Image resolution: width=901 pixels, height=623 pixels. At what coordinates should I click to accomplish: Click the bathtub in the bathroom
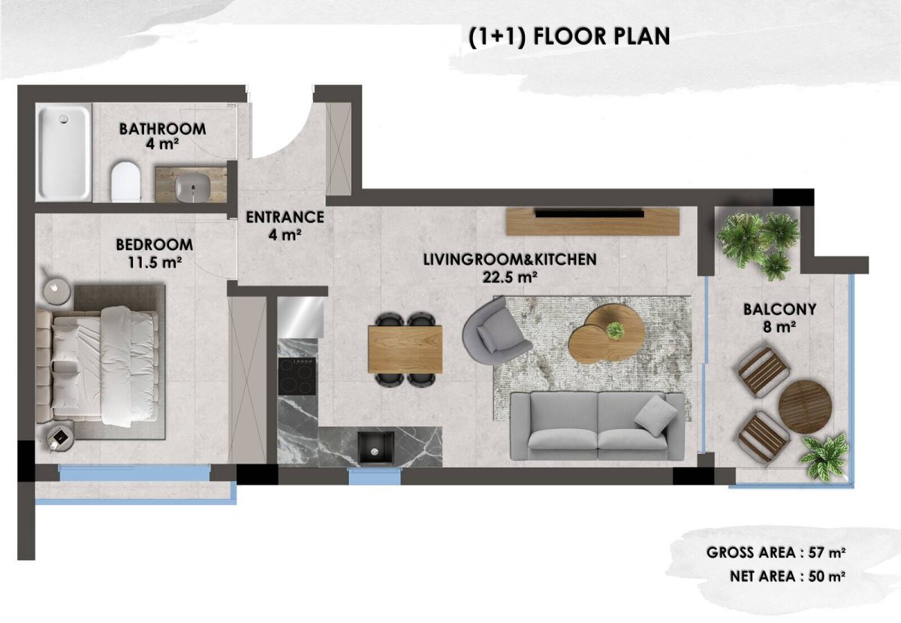tap(64, 152)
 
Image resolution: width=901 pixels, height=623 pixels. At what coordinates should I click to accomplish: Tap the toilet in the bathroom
tap(126, 182)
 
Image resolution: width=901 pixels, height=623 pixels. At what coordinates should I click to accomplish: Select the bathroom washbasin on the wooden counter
tap(193, 188)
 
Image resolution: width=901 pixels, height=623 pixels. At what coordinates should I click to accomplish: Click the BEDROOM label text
tap(155, 245)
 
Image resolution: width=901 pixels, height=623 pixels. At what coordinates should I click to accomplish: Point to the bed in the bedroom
tap(98, 366)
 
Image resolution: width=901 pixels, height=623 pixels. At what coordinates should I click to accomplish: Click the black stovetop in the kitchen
tap(297, 377)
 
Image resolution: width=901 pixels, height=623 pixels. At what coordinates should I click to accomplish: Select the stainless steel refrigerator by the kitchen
tap(301, 317)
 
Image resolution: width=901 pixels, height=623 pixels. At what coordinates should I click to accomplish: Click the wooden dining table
tap(405, 349)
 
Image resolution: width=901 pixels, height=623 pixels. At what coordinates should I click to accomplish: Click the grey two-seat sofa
tap(598, 426)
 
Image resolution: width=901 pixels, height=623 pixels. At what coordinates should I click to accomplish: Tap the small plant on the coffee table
tap(615, 330)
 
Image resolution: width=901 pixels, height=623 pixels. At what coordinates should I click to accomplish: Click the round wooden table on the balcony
tap(805, 407)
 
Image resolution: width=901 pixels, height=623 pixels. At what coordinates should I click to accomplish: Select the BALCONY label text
tap(779, 310)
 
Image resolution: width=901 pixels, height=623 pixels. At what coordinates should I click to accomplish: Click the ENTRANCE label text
tap(285, 217)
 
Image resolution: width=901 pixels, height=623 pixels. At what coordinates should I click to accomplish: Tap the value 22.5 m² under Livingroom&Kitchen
tap(510, 277)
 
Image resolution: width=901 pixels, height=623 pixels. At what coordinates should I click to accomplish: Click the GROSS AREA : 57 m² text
tap(776, 552)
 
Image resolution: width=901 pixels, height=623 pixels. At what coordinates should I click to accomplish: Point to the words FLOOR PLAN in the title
tap(601, 37)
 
